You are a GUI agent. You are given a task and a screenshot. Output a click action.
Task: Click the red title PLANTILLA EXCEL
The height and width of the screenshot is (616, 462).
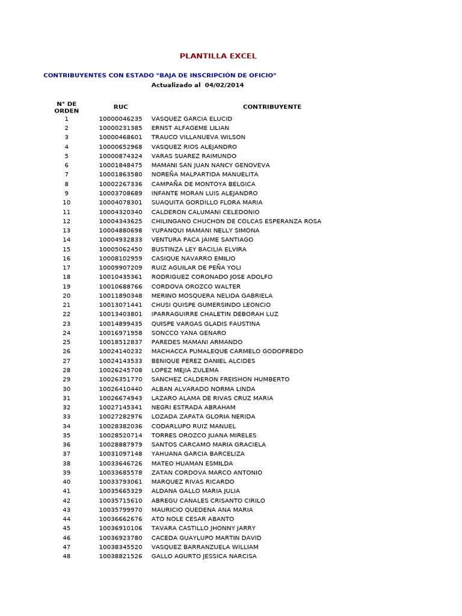[x=218, y=56]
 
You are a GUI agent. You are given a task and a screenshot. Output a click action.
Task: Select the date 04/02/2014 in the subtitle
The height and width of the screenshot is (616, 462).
[x=224, y=85]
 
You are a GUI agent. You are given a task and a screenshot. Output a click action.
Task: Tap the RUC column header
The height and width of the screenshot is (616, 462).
[x=121, y=107]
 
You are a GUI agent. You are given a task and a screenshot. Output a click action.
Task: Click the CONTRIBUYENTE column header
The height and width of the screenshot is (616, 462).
[x=272, y=107]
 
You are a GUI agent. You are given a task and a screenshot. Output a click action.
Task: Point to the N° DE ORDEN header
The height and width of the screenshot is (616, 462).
[x=67, y=107]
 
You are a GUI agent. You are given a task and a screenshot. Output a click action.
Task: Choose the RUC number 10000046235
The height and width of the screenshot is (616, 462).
[x=121, y=119]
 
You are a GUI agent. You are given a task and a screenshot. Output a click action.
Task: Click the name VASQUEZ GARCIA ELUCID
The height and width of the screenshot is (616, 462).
[x=191, y=119]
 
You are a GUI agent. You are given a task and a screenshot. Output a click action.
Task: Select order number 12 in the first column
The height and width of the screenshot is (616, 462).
[x=67, y=221]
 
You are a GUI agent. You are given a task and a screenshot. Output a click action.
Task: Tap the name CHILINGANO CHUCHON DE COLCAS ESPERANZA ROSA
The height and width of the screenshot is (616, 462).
[x=236, y=221]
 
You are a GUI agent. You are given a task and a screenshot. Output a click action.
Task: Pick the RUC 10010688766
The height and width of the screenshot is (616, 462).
[x=121, y=286]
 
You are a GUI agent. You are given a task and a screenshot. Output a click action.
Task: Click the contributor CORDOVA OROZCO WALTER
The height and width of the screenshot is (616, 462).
[x=196, y=286]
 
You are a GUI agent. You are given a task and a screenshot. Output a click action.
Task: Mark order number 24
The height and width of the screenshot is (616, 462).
[x=67, y=333]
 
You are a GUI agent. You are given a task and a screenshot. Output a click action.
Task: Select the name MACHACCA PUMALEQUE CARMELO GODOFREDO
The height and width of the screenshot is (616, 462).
[x=227, y=351]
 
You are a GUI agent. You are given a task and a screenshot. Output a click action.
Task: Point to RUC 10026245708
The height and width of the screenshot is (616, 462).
[x=121, y=370]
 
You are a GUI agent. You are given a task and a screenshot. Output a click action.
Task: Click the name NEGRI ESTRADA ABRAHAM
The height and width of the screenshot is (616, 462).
[x=193, y=407]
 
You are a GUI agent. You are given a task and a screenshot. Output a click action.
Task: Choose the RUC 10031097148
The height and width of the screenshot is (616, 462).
[x=121, y=454]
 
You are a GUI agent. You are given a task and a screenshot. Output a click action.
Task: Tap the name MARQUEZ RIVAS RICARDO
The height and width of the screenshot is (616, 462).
[x=192, y=482]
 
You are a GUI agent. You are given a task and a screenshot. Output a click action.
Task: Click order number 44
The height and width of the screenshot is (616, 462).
[x=67, y=519]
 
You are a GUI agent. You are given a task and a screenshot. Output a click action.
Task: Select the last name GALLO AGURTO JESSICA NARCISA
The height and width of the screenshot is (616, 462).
[x=203, y=556]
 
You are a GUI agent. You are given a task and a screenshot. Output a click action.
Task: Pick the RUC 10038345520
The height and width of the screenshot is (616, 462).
[x=121, y=547]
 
